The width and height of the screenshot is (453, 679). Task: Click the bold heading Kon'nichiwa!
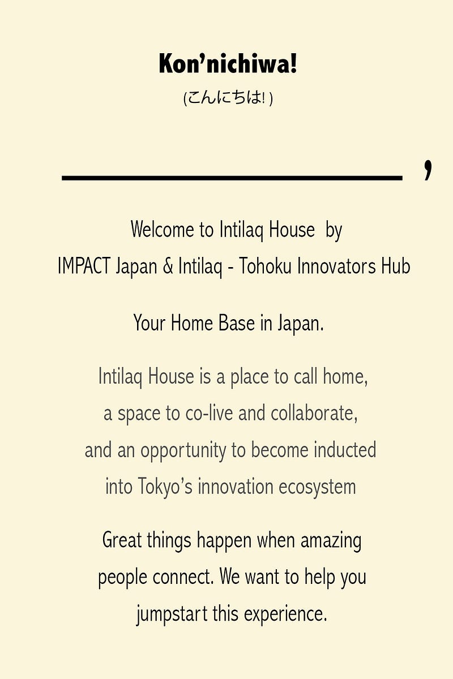point(228,63)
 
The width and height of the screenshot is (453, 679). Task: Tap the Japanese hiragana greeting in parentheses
point(228,98)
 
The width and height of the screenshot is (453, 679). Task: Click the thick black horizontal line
point(232,178)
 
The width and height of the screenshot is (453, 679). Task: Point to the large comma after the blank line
point(428,170)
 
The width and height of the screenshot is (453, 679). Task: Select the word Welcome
point(162,230)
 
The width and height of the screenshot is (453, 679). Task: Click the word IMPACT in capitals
point(84,266)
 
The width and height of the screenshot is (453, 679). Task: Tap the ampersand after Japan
point(168,266)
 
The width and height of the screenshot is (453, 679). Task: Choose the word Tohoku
point(266,266)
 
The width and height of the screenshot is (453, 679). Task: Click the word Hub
point(396,266)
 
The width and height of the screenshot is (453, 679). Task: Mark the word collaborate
point(314,413)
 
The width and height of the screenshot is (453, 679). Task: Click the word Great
point(122,541)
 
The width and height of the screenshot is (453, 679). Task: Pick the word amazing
point(331,542)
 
